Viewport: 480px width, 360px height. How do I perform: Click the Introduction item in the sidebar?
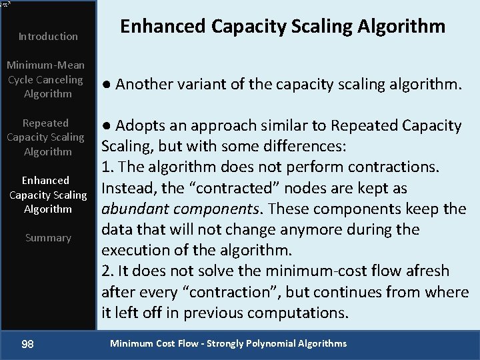[x=48, y=37]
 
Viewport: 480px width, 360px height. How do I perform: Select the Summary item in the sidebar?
[x=48, y=238]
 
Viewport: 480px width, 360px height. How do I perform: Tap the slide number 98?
[x=28, y=344]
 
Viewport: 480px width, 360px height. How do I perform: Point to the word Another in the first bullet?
[x=148, y=85]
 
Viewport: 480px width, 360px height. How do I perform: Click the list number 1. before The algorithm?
[x=107, y=167]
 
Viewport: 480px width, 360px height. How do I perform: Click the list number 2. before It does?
[x=107, y=271]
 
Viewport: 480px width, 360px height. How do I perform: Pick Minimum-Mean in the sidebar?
[x=45, y=65]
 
